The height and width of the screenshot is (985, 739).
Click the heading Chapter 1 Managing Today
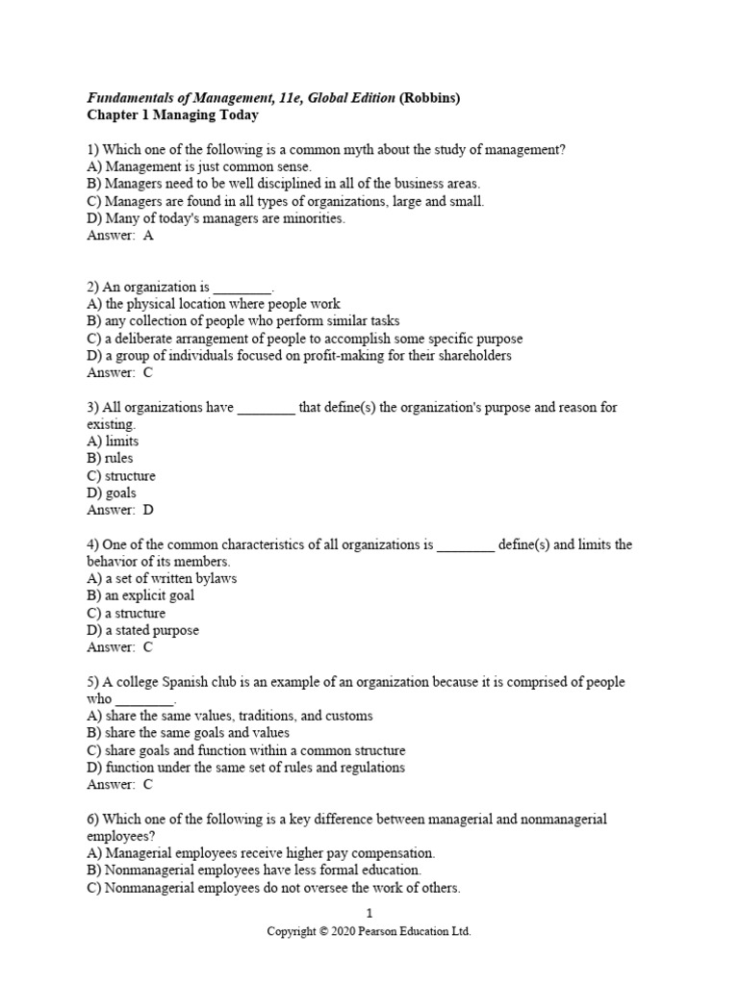point(172,115)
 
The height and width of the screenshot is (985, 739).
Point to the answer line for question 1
point(119,236)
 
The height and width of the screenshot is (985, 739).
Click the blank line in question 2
point(242,288)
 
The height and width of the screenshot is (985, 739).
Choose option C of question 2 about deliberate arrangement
point(304,339)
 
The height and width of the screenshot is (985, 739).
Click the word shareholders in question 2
point(465,356)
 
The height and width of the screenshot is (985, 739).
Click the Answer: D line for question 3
point(119,511)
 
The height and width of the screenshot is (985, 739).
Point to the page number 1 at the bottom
point(369,914)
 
